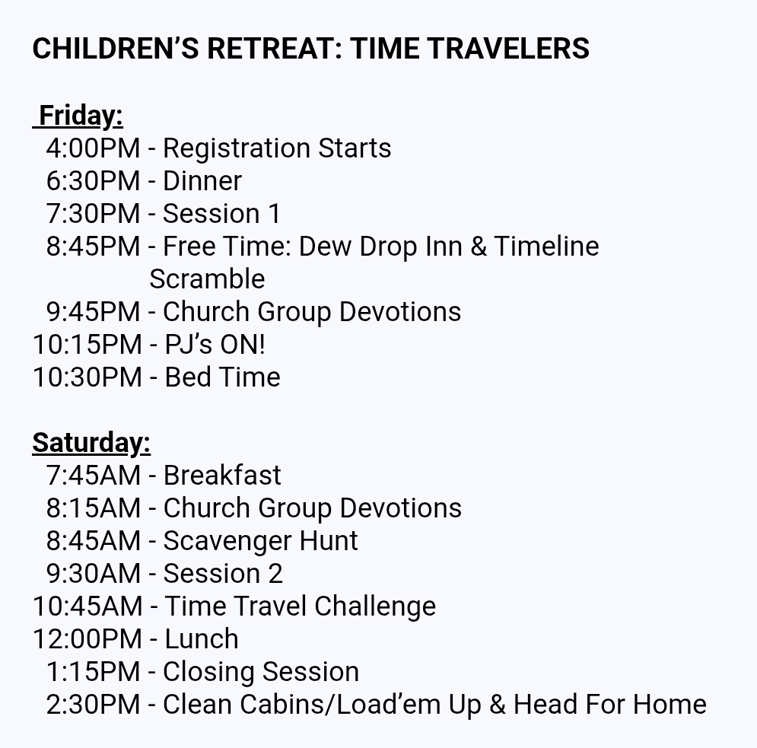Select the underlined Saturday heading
point(91,443)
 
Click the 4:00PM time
point(93,148)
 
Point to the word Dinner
point(202,181)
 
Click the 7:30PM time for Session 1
point(93,213)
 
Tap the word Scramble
point(207,279)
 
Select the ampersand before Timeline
point(478,247)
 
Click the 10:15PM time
point(87,345)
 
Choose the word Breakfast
point(222,475)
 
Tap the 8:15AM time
point(93,508)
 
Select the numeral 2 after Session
point(275,574)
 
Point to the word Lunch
point(202,639)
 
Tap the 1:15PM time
point(93,672)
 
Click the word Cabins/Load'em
point(340,705)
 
